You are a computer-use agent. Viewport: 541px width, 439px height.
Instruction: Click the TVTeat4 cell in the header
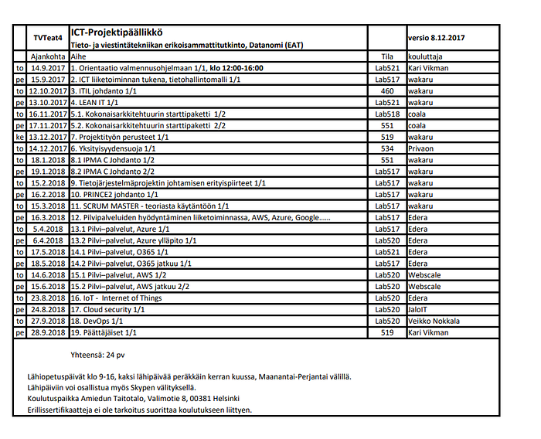pyautogui.click(x=47, y=37)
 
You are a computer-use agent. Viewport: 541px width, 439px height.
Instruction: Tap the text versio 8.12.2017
pyautogui.click(x=438, y=37)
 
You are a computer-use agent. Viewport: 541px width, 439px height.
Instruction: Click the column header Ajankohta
pyautogui.click(x=48, y=56)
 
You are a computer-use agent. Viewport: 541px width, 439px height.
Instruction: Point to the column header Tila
pyautogui.click(x=387, y=56)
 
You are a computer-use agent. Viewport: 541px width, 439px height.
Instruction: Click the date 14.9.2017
pyautogui.click(x=48, y=68)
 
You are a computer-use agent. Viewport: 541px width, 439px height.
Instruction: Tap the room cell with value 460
pyautogui.click(x=387, y=90)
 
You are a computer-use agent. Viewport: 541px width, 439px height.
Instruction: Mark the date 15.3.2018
pyautogui.click(x=48, y=206)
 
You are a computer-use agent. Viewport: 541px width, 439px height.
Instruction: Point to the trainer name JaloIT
pyautogui.click(x=420, y=309)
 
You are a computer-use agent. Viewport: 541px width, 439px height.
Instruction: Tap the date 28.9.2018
pyautogui.click(x=48, y=332)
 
